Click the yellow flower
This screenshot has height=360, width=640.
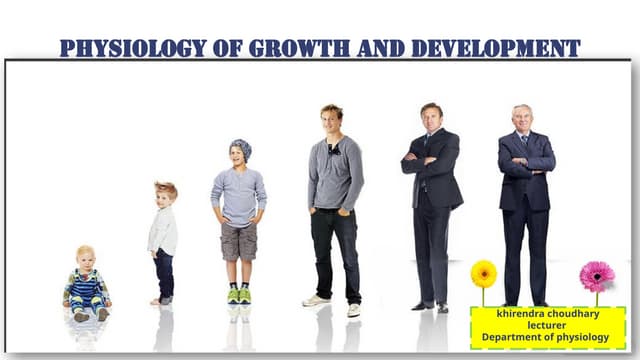click(484, 273)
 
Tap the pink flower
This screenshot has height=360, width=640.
click(597, 275)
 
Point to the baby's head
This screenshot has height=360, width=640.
click(86, 256)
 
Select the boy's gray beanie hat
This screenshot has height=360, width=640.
click(240, 150)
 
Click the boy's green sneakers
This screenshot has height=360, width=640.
click(239, 295)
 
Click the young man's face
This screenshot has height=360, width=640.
click(332, 119)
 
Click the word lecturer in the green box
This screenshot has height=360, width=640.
click(548, 325)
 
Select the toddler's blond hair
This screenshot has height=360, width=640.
click(166, 188)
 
